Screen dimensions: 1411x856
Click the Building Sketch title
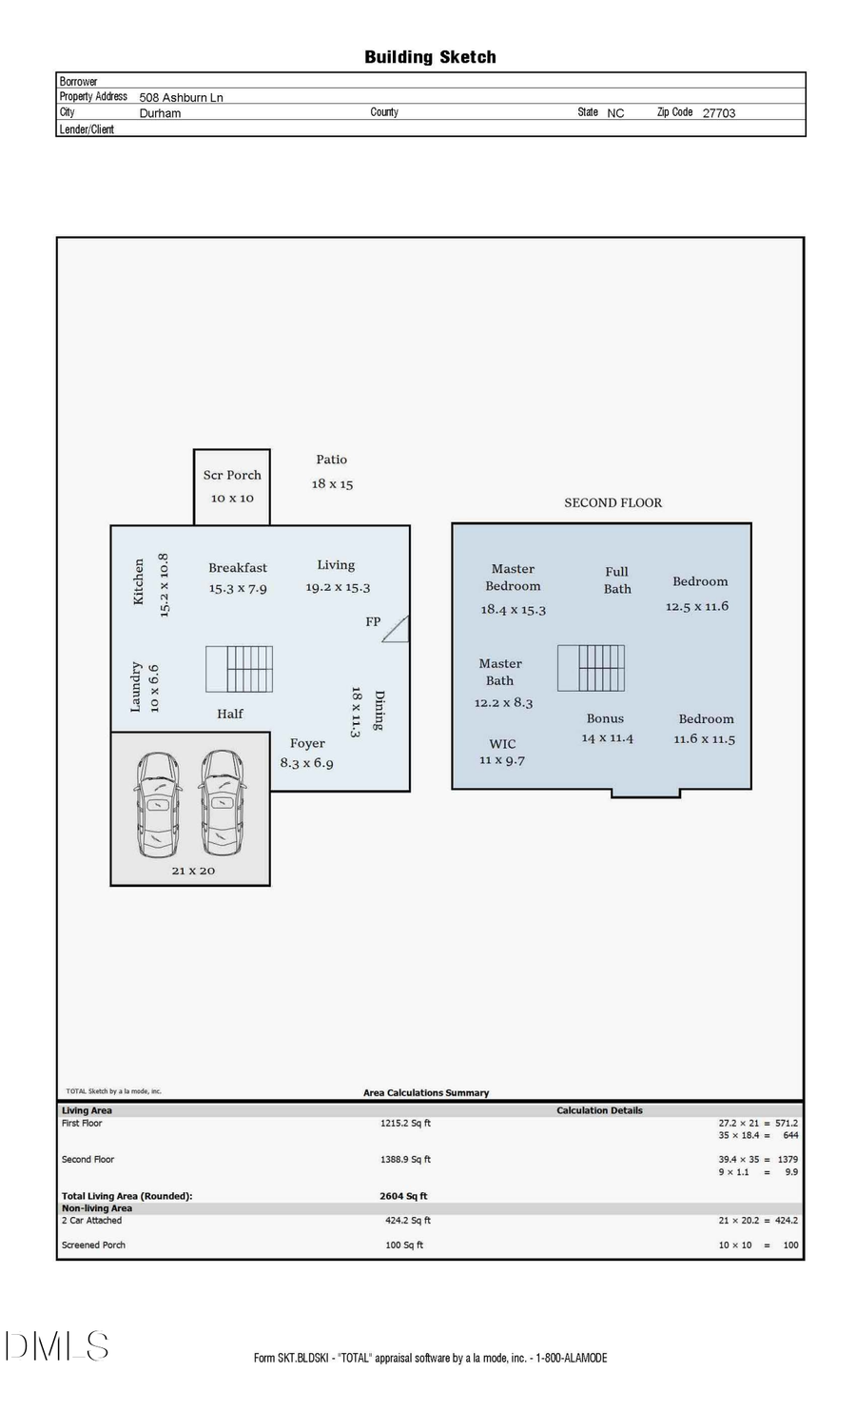[430, 57]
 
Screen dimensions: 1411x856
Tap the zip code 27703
[719, 112]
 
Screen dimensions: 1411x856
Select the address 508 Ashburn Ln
[182, 97]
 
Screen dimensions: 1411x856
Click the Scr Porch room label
[232, 475]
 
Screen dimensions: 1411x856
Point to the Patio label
[332, 460]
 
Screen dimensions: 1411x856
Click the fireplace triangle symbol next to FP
[397, 629]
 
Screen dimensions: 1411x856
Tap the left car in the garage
[157, 803]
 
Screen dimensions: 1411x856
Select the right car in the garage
[222, 802]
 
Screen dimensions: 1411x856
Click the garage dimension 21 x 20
[193, 871]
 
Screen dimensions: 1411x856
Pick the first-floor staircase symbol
[240, 669]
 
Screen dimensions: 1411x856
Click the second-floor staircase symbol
[591, 668]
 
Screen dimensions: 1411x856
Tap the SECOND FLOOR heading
[613, 502]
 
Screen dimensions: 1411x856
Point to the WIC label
[502, 744]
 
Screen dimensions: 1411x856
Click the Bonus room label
[605, 718]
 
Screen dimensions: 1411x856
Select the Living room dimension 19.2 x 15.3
[338, 587]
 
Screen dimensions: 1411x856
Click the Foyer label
[307, 743]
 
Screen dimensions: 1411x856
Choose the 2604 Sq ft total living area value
[403, 1196]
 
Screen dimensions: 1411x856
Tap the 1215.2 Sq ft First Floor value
[405, 1124]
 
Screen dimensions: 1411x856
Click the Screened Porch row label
[93, 1244]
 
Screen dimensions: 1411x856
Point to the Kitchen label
[139, 581]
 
